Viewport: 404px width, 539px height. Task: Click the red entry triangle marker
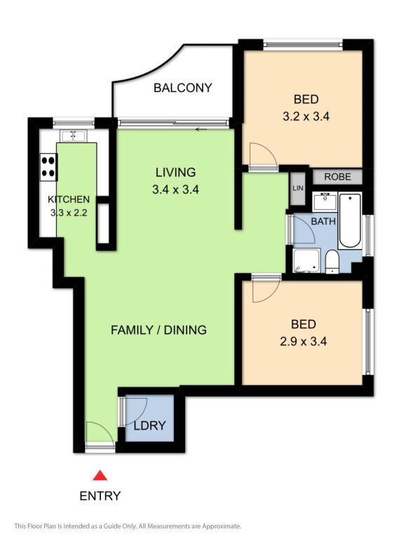point(100,475)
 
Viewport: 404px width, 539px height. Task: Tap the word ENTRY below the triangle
point(100,495)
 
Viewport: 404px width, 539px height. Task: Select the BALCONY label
point(182,88)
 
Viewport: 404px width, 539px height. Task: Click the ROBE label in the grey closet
point(337,177)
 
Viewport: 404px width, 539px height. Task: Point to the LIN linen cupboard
point(298,188)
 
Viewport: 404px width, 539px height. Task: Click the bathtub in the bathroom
point(350,220)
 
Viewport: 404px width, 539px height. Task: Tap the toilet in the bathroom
point(332,262)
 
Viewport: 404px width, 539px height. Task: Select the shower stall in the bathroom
point(307,260)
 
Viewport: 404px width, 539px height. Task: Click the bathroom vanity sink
point(325,202)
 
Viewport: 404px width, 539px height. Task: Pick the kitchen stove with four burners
point(48,167)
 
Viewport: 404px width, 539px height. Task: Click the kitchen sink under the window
point(74,135)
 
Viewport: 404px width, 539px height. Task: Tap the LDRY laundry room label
point(149,425)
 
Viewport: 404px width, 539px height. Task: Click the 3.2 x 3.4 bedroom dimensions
point(306,117)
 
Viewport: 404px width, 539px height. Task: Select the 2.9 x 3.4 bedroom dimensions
point(303,342)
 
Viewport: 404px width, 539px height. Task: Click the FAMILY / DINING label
point(159,330)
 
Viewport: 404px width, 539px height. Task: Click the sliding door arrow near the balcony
point(202,130)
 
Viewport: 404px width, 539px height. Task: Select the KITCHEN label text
point(69,199)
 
